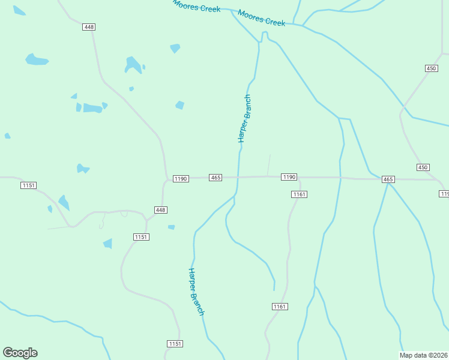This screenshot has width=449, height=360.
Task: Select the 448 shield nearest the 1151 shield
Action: (x=160, y=210)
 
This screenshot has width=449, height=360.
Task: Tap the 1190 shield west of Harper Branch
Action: (x=181, y=179)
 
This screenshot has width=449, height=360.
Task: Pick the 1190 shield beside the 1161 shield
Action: (x=289, y=177)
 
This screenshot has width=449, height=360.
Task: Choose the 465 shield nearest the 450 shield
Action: (x=388, y=179)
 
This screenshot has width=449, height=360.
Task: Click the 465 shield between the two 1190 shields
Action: (x=216, y=178)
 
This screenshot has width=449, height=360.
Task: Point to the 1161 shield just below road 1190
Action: (x=299, y=194)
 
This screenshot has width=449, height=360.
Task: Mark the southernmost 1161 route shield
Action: (x=280, y=307)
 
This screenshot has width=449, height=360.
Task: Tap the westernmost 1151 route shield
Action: (x=28, y=185)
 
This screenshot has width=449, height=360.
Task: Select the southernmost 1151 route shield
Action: (x=175, y=344)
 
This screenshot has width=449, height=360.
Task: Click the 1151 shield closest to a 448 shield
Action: (x=141, y=237)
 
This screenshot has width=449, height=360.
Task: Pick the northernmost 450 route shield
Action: (x=431, y=68)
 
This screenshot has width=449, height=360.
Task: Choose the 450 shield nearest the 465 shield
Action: (x=423, y=167)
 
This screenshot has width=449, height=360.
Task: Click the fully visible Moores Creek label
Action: (x=261, y=18)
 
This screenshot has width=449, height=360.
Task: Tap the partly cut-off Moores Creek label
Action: (x=196, y=5)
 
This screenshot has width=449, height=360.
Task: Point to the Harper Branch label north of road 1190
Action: (x=244, y=118)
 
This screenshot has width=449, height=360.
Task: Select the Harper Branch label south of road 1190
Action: (x=196, y=292)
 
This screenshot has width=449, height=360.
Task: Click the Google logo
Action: (x=20, y=353)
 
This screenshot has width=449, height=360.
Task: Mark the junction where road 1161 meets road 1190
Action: (x=300, y=178)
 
